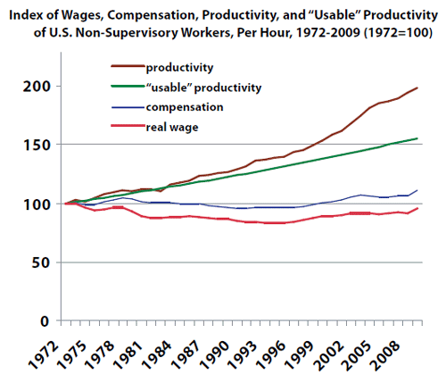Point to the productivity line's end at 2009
(417, 87)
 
